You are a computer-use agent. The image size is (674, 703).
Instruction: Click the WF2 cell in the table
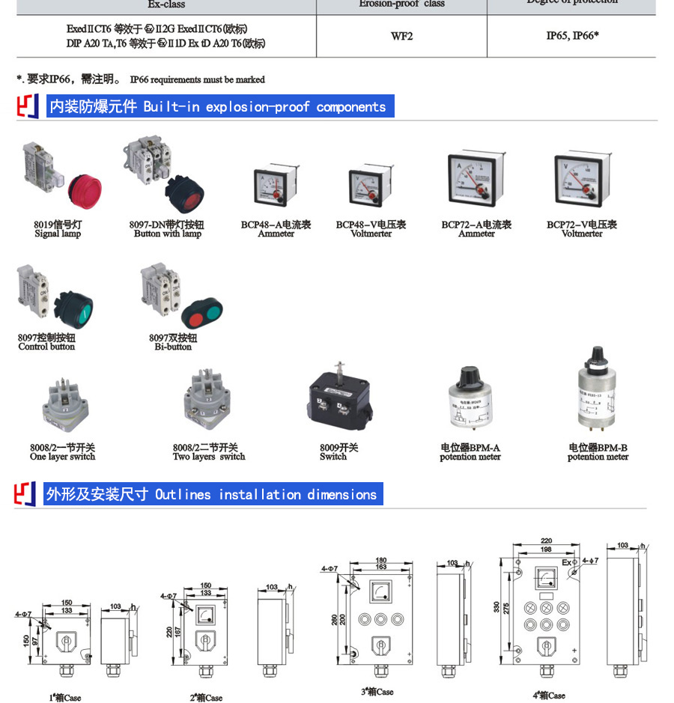click(x=401, y=36)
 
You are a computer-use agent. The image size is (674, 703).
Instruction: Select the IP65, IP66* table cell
click(x=572, y=35)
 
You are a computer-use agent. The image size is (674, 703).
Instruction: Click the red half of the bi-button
click(x=195, y=319)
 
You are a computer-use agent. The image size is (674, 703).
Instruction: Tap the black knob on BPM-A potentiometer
click(x=470, y=376)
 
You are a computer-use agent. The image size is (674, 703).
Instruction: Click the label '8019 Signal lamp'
click(x=57, y=229)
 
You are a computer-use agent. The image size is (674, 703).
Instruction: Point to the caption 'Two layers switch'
click(x=209, y=457)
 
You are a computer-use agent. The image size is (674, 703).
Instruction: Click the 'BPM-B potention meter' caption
click(x=598, y=452)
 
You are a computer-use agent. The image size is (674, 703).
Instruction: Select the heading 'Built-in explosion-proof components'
click(x=218, y=107)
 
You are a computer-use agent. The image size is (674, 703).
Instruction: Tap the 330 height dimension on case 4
click(x=497, y=607)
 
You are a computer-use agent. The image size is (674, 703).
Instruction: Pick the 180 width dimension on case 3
click(x=381, y=560)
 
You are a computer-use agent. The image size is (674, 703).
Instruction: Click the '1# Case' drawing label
click(x=65, y=698)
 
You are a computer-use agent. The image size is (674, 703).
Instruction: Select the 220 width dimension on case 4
click(x=546, y=541)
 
